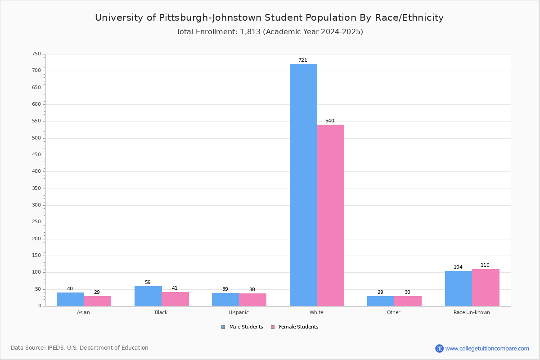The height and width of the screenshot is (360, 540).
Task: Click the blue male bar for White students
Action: [x=303, y=185]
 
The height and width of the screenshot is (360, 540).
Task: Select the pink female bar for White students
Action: [x=330, y=215]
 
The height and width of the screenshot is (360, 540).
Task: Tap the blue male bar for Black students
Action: [x=148, y=296]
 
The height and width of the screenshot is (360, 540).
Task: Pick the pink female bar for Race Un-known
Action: [x=486, y=288]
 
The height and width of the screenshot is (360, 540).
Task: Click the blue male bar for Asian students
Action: [x=70, y=299]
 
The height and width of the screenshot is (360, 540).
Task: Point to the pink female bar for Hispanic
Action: [x=252, y=300]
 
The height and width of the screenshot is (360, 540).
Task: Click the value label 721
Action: [x=303, y=60]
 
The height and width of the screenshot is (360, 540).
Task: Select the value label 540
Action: [x=330, y=121]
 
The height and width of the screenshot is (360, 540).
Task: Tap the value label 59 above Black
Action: [x=148, y=282]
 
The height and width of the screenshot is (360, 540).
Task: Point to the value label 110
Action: [x=485, y=265]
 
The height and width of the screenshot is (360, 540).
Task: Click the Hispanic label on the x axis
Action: [x=238, y=312]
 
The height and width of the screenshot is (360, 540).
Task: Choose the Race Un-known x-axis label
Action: [x=472, y=312]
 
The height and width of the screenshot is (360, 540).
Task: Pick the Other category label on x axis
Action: [x=394, y=312]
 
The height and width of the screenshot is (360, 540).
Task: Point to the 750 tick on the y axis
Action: [x=36, y=54]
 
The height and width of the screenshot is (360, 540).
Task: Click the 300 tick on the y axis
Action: [x=36, y=205]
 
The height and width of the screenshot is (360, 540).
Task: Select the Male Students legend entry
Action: [x=242, y=327]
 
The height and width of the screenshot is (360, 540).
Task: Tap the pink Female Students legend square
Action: [x=273, y=327]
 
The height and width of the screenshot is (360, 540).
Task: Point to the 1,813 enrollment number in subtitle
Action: [x=250, y=32]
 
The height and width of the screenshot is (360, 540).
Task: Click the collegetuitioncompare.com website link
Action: [x=487, y=348]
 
